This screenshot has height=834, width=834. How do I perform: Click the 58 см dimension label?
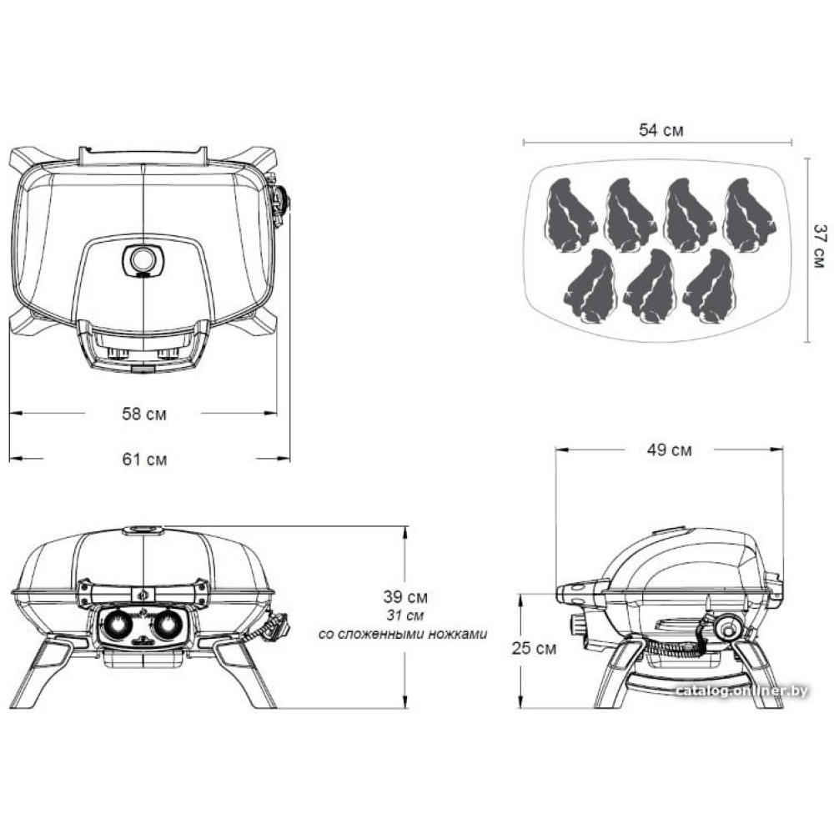144,414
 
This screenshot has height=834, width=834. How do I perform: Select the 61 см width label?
144,459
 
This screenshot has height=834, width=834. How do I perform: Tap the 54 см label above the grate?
661,130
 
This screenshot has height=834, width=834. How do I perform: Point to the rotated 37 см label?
820,246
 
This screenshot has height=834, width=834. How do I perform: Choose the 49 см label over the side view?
670,450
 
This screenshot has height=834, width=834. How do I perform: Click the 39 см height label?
405,597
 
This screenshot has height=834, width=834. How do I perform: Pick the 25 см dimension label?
534,648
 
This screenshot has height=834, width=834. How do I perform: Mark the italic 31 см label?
405,615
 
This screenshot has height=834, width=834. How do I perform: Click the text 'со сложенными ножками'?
403,634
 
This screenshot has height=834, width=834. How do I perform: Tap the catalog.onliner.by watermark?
741,691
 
